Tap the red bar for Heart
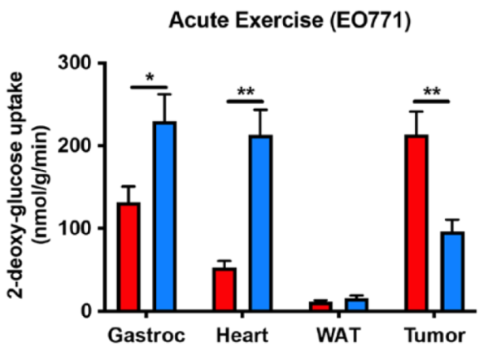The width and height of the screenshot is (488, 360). click(x=224, y=289)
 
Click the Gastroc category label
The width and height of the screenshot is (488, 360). click(x=147, y=336)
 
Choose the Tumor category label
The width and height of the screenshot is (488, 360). click(x=436, y=336)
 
